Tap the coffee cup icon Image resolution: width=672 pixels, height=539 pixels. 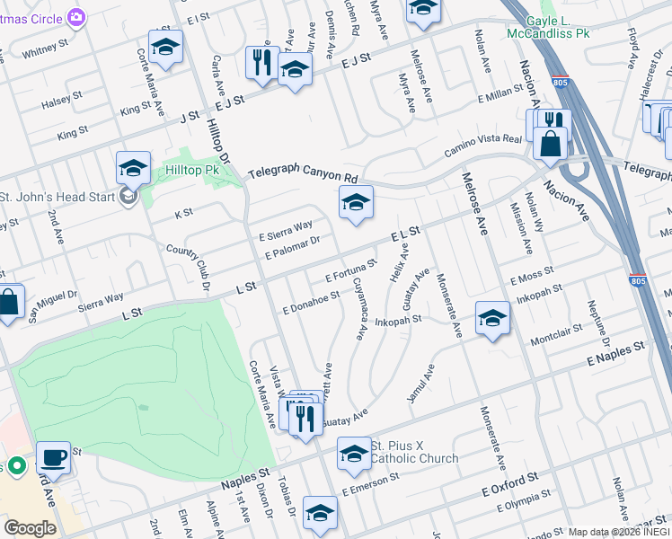(54, 456)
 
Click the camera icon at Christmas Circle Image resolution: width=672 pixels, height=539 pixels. (76, 16)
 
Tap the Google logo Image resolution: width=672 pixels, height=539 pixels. (30, 527)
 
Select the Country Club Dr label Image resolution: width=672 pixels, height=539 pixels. (187, 267)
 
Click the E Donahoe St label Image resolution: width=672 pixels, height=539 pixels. (311, 304)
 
